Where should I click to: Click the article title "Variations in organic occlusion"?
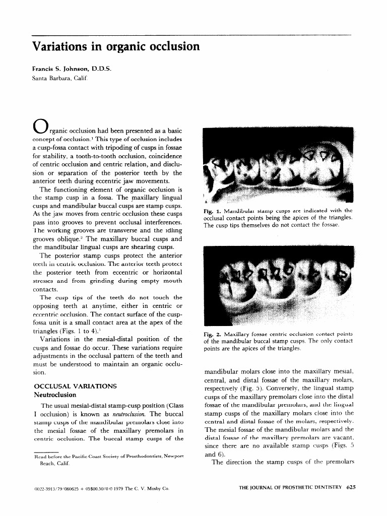[115, 47]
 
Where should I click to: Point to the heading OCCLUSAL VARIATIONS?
[74, 385]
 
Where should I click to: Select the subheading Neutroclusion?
[54, 395]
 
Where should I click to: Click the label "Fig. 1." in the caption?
[211, 211]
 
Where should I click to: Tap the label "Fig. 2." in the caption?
[211, 335]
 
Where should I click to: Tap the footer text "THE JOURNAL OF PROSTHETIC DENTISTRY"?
[290, 487]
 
